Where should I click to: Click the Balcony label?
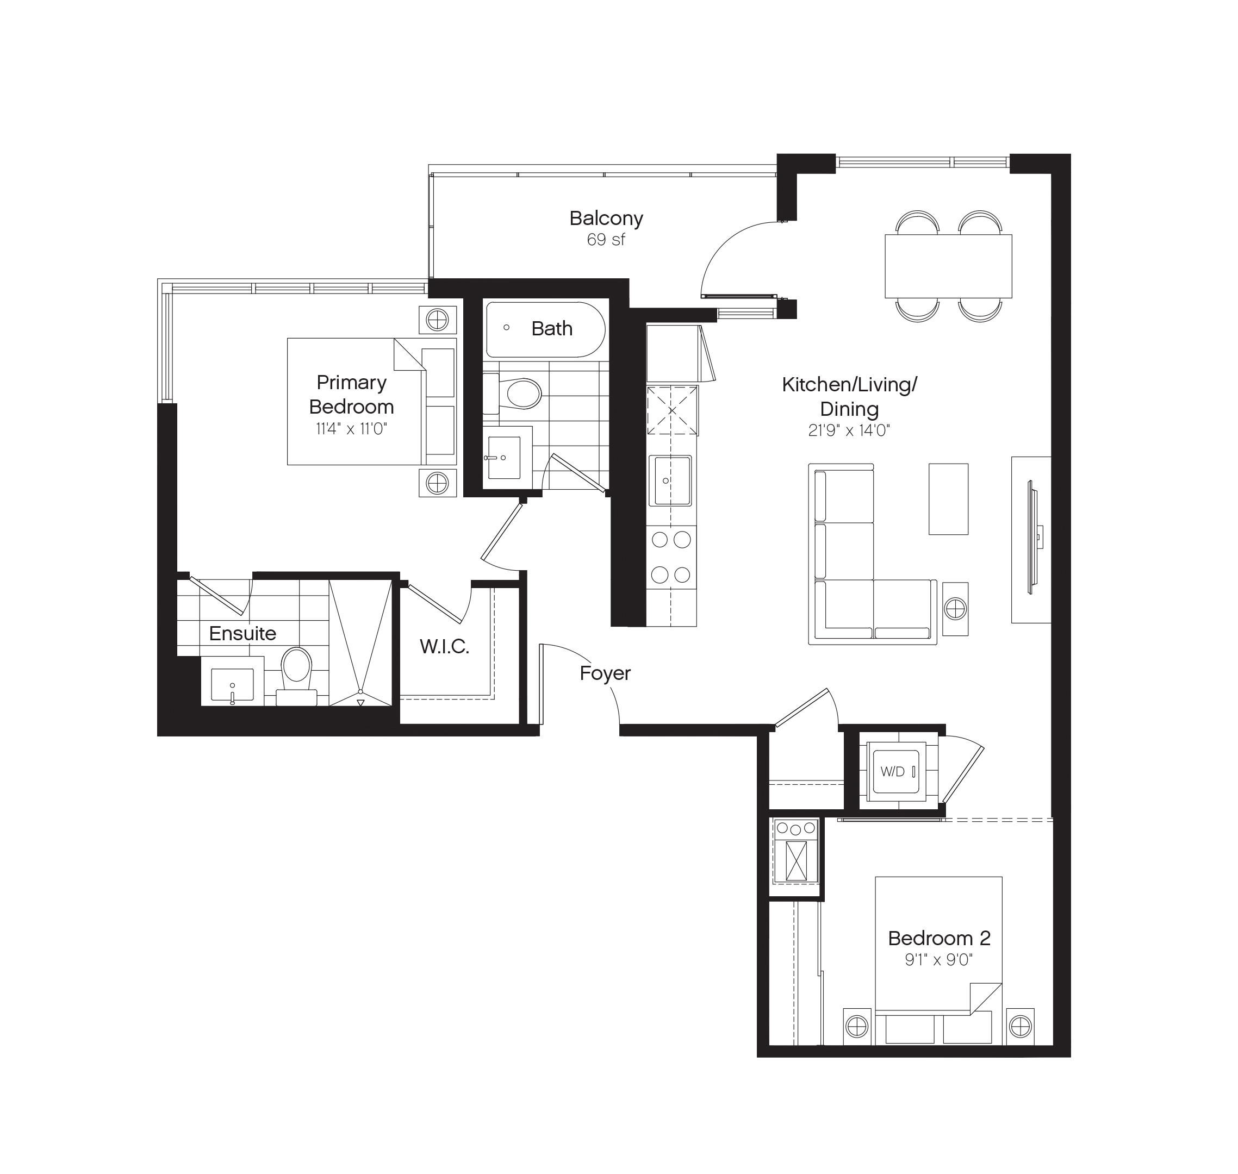click(x=606, y=218)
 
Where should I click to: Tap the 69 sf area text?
click(x=606, y=240)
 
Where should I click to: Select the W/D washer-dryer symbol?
click(x=896, y=772)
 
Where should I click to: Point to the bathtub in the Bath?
click(x=546, y=330)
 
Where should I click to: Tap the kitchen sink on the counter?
click(x=670, y=480)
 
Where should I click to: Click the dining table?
click(x=948, y=266)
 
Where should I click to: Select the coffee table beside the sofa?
click(x=948, y=499)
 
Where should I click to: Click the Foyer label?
click(x=605, y=673)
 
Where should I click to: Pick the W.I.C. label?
click(x=444, y=646)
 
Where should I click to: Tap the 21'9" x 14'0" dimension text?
click(x=849, y=430)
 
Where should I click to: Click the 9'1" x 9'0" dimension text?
click(x=938, y=960)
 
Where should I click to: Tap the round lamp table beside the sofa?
click(x=955, y=608)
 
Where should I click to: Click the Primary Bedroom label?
click(x=351, y=394)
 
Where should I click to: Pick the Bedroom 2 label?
click(x=939, y=938)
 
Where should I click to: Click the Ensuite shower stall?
click(x=360, y=641)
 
